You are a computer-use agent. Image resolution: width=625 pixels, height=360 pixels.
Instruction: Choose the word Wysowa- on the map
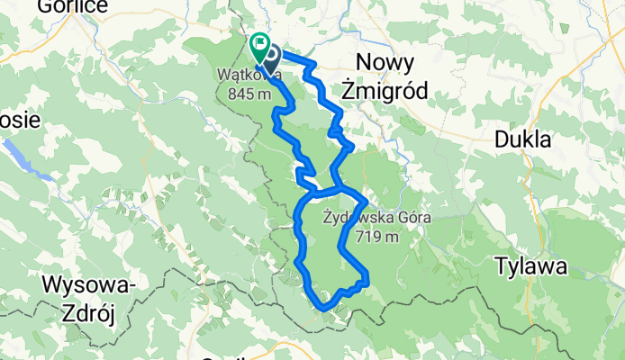88,286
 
